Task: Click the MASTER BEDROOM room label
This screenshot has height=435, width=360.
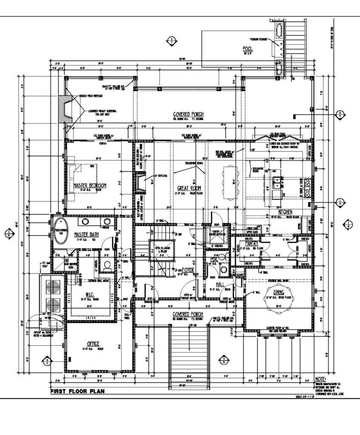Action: pyautogui.click(x=90, y=186)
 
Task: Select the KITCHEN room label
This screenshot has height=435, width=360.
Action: pyautogui.click(x=284, y=212)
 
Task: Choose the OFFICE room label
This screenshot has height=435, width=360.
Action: pyautogui.click(x=93, y=343)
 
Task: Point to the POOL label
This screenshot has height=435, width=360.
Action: pyautogui.click(x=248, y=48)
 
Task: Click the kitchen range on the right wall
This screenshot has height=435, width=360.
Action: pyautogui.click(x=309, y=185)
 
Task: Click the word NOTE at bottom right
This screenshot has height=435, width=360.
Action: pyautogui.click(x=321, y=379)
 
